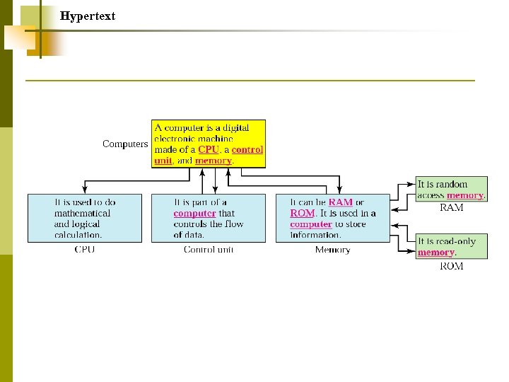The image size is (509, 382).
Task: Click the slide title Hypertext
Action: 88,16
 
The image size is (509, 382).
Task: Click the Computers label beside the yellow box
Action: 125,144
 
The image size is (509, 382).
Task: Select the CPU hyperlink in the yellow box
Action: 209,150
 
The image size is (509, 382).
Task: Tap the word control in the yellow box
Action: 247,150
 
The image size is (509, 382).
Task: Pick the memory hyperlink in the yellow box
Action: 213,161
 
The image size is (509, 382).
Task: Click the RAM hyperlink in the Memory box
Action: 340,202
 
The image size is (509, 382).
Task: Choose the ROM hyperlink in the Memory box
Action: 302,213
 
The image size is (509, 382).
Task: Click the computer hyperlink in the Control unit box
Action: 194,213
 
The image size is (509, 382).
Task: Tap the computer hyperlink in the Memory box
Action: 310,224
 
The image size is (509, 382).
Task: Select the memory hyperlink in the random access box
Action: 464,195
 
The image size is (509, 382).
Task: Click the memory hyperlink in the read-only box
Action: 435,253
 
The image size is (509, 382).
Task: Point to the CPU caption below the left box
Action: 84,250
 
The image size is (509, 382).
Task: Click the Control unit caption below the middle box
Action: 208,250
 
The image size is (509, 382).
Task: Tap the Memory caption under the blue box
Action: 332,250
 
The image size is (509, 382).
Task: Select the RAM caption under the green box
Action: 451,207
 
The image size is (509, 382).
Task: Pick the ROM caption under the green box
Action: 451,266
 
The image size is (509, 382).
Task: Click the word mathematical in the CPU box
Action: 83,213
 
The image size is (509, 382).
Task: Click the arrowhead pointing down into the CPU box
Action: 84,190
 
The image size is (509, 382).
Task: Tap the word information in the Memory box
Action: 315,235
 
